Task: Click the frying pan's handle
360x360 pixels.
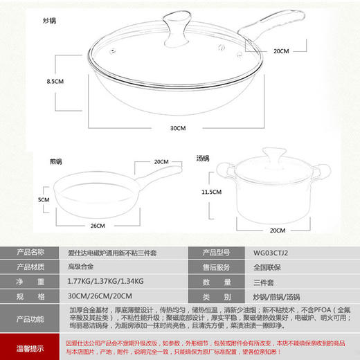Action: click(160, 173)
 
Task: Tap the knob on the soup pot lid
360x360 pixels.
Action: click(268, 155)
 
